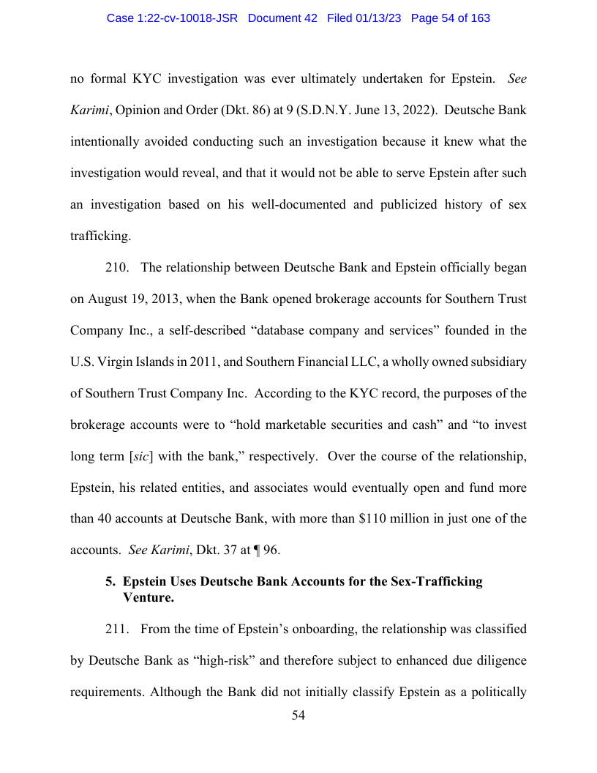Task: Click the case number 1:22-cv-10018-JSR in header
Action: click(172, 18)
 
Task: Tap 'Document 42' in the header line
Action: click(282, 18)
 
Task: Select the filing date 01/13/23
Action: click(376, 18)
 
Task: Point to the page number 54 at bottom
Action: click(298, 716)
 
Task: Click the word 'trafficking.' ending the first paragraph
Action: click(100, 236)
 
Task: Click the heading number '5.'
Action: click(111, 582)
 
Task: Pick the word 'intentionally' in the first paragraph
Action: click(106, 142)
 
